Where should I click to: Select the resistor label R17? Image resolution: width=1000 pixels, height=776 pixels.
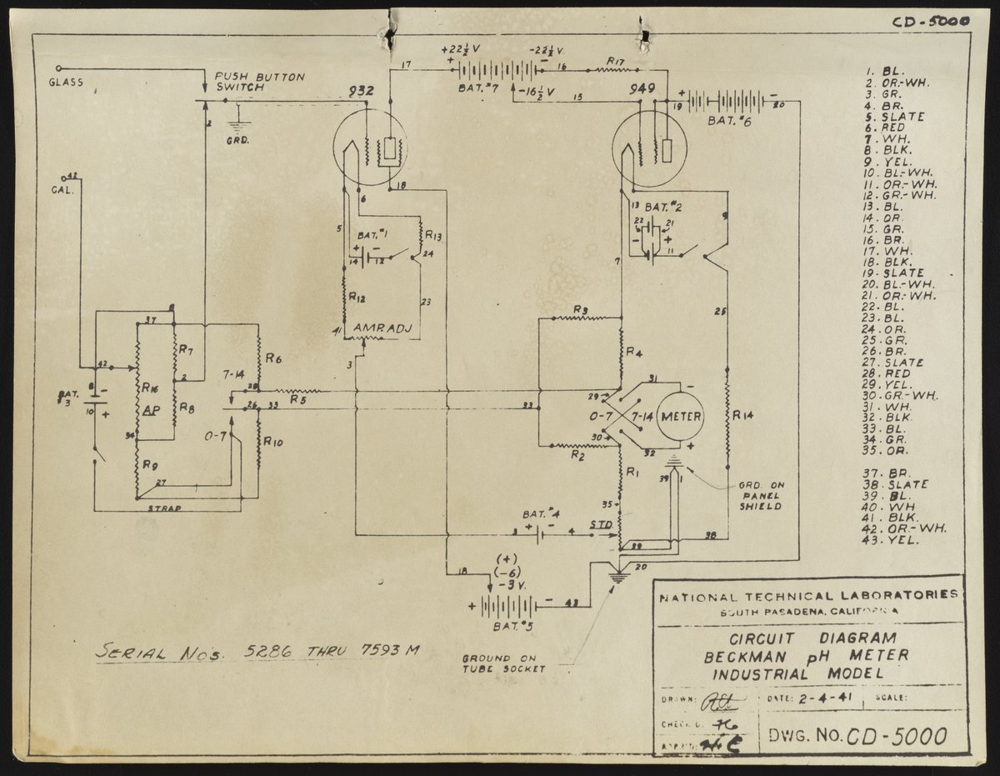pos(617,61)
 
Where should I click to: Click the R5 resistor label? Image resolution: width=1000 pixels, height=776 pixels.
pos(297,399)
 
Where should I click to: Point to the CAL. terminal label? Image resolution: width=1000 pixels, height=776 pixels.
pos(63,189)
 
